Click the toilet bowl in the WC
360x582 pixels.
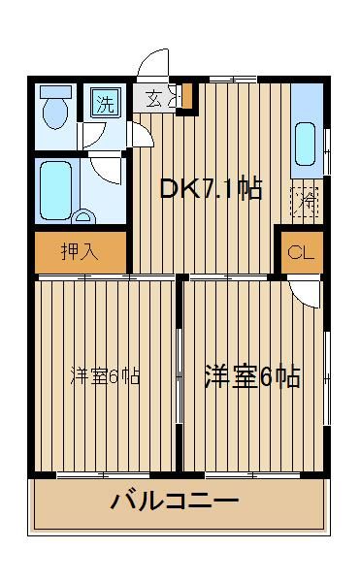55,113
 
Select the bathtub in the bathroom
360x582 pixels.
55,190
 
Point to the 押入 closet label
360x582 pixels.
80,252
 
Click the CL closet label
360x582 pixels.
301,253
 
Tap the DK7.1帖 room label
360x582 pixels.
211,188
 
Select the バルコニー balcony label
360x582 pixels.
175,501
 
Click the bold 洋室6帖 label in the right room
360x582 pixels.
252,377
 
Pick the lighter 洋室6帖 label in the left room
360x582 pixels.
105,376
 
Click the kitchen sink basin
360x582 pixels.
305,144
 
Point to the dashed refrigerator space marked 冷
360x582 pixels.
307,202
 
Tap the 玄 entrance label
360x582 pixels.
154,98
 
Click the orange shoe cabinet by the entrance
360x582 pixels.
186,96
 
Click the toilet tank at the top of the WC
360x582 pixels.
55,92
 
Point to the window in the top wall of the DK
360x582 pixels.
233,80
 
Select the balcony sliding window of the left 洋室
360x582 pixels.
104,475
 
